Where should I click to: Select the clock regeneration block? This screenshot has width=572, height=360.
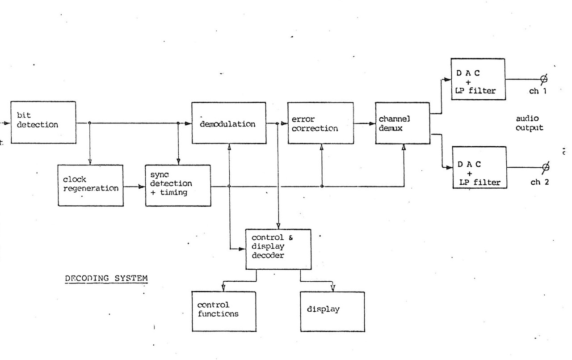tap(91, 185)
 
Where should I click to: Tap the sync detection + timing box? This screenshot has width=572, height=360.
tap(178, 185)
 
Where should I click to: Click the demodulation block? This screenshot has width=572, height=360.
tap(228, 123)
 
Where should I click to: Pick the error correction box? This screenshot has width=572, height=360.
tap(320, 123)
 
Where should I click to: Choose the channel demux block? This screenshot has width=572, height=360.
tap(402, 123)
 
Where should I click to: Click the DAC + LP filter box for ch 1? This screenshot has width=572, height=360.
tap(478, 79)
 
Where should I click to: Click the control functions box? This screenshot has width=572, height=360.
tap(224, 311)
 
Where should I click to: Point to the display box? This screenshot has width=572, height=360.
tap(332, 311)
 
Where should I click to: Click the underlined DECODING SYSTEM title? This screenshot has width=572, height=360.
tap(106, 278)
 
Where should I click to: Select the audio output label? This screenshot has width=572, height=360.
tap(529, 123)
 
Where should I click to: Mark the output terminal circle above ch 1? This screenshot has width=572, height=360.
tap(544, 79)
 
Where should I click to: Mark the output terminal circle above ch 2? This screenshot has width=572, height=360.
tap(545, 167)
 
